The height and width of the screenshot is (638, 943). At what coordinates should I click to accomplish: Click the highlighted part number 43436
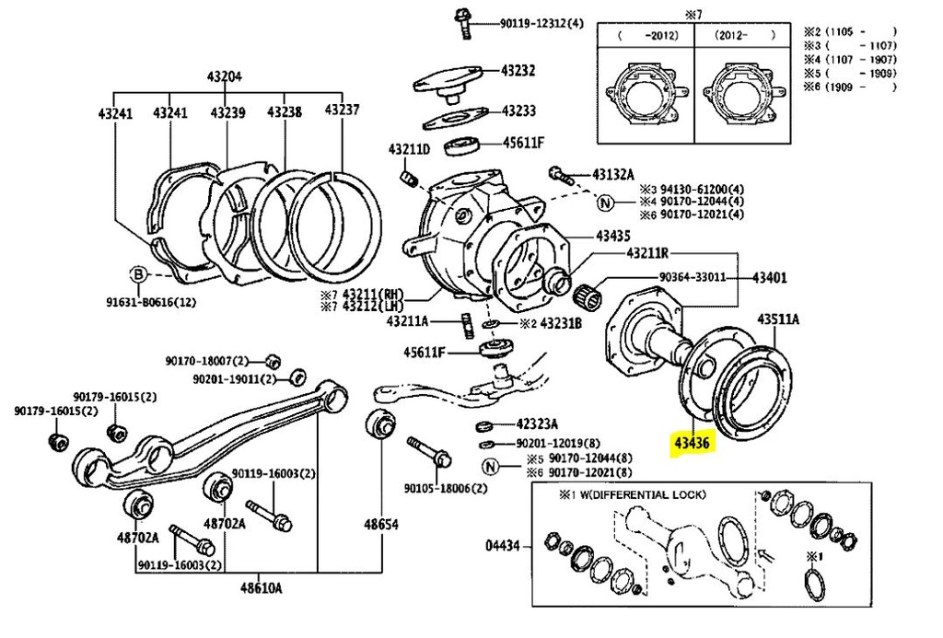pos(692,444)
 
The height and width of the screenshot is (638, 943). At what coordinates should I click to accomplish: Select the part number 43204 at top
pos(223,77)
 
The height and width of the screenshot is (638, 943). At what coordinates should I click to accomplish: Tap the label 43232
pos(518,70)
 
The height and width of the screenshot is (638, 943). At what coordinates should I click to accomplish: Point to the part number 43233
pos(518,110)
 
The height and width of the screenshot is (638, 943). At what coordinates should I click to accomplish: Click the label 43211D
pos(409,149)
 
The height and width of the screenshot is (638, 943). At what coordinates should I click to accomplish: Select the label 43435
pos(615,236)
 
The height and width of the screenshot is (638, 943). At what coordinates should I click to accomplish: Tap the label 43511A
pos(779,319)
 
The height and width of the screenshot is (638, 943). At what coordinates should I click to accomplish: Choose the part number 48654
pos(380,524)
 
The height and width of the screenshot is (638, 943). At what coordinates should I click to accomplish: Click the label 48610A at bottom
pos(262,587)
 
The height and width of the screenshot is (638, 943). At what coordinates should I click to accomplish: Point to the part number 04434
pos(505,545)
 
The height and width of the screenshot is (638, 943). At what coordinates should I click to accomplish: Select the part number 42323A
pos(537,424)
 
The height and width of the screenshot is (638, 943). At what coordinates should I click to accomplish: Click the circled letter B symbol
pos(137,273)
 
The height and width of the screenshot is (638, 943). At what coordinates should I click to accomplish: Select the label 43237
pos(343,111)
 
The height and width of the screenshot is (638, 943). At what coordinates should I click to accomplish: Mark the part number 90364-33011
pos(692,276)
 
